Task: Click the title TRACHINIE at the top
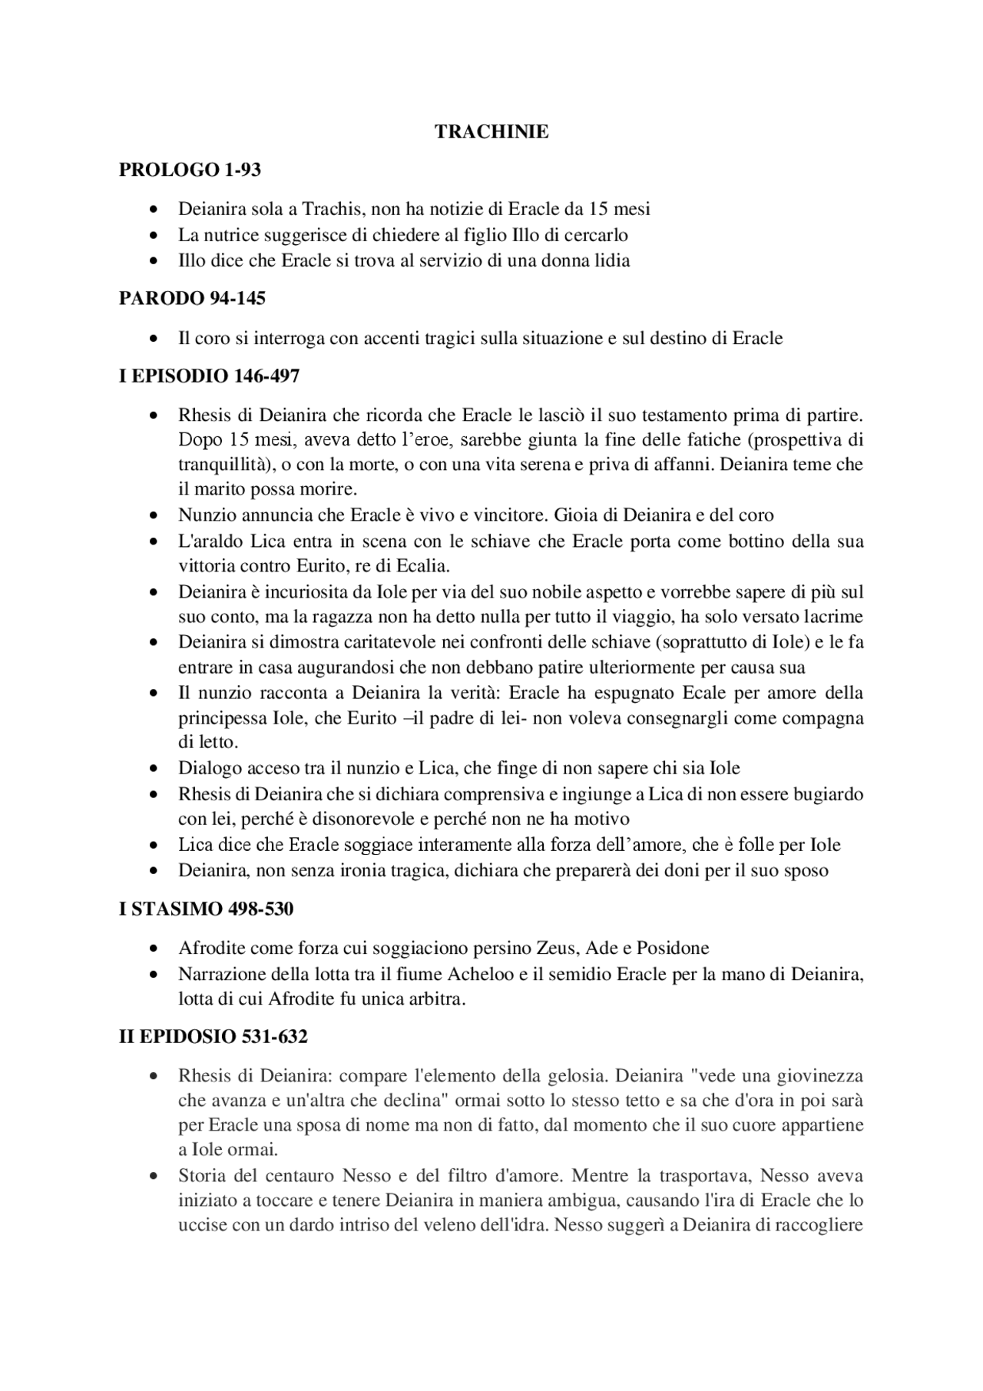tap(491, 132)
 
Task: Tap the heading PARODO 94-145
tap(192, 299)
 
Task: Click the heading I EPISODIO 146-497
tap(209, 376)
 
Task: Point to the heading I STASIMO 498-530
tap(206, 909)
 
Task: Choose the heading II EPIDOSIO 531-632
tap(213, 1037)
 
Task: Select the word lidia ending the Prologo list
tap(613, 260)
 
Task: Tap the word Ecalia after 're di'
tap(422, 566)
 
